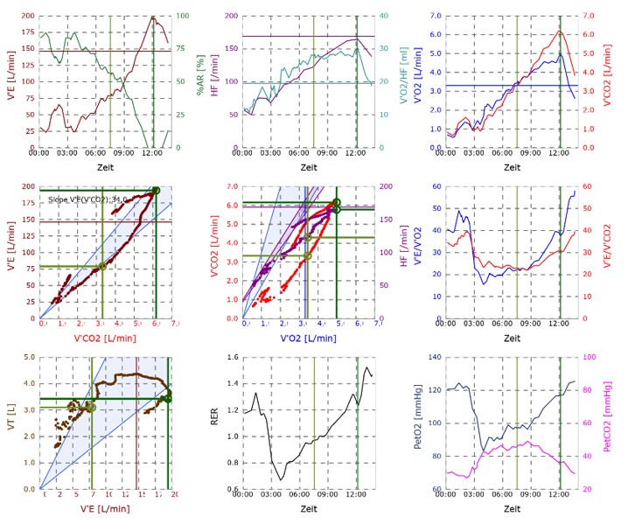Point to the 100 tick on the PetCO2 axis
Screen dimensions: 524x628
pos(590,358)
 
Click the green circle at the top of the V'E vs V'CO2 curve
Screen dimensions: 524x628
pos(156,191)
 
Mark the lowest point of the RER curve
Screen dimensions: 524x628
pos(281,479)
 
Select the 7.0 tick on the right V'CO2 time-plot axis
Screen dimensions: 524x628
pos(587,17)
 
